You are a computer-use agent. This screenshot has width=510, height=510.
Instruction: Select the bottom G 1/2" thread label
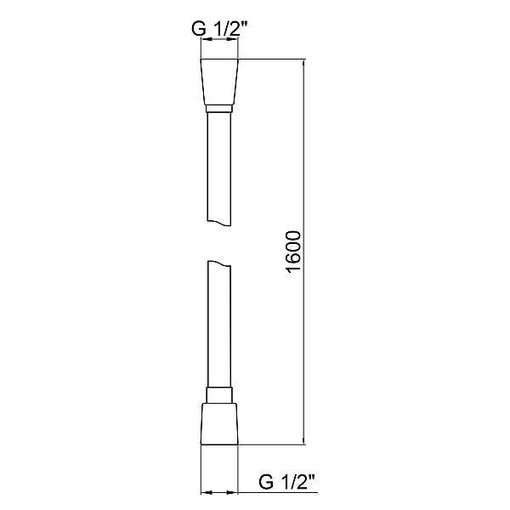coord(288,483)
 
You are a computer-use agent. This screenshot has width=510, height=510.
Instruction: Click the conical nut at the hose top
coord(219,82)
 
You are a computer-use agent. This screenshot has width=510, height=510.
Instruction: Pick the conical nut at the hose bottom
coord(219,422)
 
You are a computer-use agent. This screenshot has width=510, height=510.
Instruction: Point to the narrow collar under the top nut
coord(219,109)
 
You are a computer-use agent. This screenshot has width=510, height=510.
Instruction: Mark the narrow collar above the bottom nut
coord(219,394)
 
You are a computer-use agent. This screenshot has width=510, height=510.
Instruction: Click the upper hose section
coord(219,166)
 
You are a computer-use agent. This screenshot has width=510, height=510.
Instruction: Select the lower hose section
coord(219,327)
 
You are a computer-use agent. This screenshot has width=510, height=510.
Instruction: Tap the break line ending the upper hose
coord(219,222)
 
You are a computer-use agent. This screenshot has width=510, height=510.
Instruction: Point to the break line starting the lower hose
coord(219,263)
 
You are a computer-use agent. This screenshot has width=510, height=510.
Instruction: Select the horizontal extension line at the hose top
coord(272,59)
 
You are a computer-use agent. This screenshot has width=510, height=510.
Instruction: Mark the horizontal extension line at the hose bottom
coord(272,444)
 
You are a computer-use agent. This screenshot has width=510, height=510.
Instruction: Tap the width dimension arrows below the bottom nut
coord(219,491)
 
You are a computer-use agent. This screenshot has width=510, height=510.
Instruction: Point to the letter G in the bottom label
coord(267,483)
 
